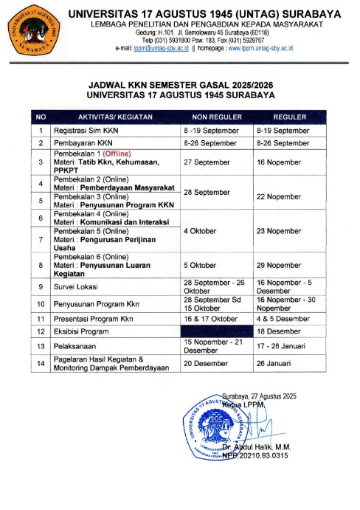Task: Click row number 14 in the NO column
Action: tap(41, 362)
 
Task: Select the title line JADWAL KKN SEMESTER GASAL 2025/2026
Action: tap(180, 86)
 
